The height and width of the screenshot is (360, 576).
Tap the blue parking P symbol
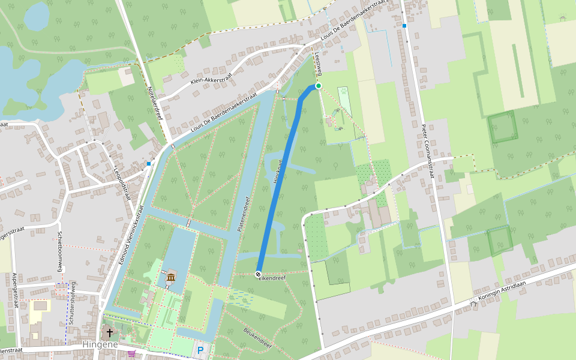200,350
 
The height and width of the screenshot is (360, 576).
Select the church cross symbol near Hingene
110,332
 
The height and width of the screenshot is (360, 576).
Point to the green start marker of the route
319,86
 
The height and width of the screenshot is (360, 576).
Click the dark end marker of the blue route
259,274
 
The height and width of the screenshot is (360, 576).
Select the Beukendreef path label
259,338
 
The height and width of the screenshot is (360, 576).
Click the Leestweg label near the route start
317,62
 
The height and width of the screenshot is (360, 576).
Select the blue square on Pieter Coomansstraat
404,26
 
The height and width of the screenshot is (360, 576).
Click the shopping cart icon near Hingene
131,353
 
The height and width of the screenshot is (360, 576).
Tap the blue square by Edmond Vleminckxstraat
148,163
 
